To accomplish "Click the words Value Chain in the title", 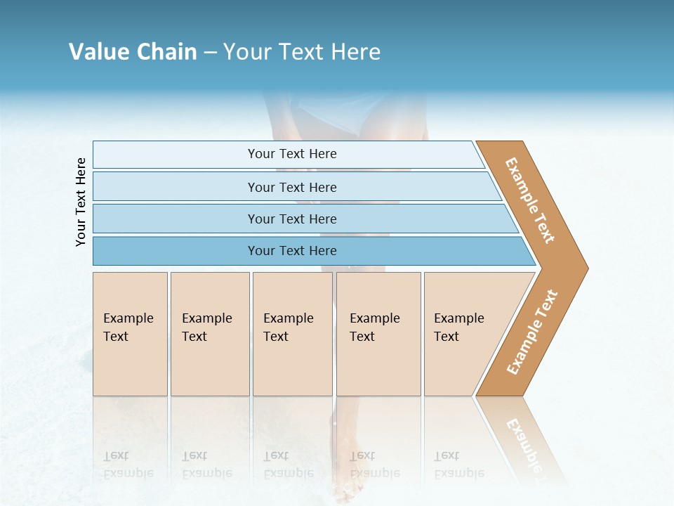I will pyautogui.click(x=133, y=52).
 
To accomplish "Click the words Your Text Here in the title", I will pyautogui.click(x=302, y=52).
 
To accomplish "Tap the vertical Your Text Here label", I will pyautogui.click(x=81, y=202).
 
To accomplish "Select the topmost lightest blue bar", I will pyautogui.click(x=176, y=155).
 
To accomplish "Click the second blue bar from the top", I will pyautogui.click(x=176, y=187).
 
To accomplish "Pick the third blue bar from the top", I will pyautogui.click(x=176, y=219).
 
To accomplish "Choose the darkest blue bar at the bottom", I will pyautogui.click(x=176, y=251).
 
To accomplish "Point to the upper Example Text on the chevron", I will pyautogui.click(x=530, y=200).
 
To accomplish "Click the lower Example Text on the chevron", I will pyautogui.click(x=531, y=332).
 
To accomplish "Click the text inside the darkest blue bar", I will pyautogui.click(x=292, y=251).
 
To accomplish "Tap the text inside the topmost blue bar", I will pyautogui.click(x=292, y=154).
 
